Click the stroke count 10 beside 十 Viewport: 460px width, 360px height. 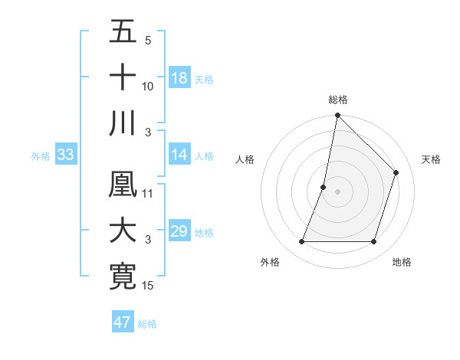click(148, 87)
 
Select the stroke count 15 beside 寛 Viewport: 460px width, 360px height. click(148, 286)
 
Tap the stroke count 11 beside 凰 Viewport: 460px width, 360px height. click(148, 193)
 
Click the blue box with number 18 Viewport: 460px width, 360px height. click(179, 78)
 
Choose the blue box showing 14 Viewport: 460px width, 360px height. click(179, 155)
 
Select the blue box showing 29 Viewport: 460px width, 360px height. click(179, 231)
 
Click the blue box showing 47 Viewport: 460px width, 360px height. click(123, 322)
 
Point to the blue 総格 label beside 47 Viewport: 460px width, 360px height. click(147, 324)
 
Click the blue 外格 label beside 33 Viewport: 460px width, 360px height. click(41, 156)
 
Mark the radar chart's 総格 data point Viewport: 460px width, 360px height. click(337, 116)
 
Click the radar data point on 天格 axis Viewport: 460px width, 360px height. click(396, 172)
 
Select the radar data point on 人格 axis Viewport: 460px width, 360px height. click(324, 187)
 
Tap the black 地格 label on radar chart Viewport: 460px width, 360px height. click(402, 262)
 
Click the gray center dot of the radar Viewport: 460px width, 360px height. click(337, 191)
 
